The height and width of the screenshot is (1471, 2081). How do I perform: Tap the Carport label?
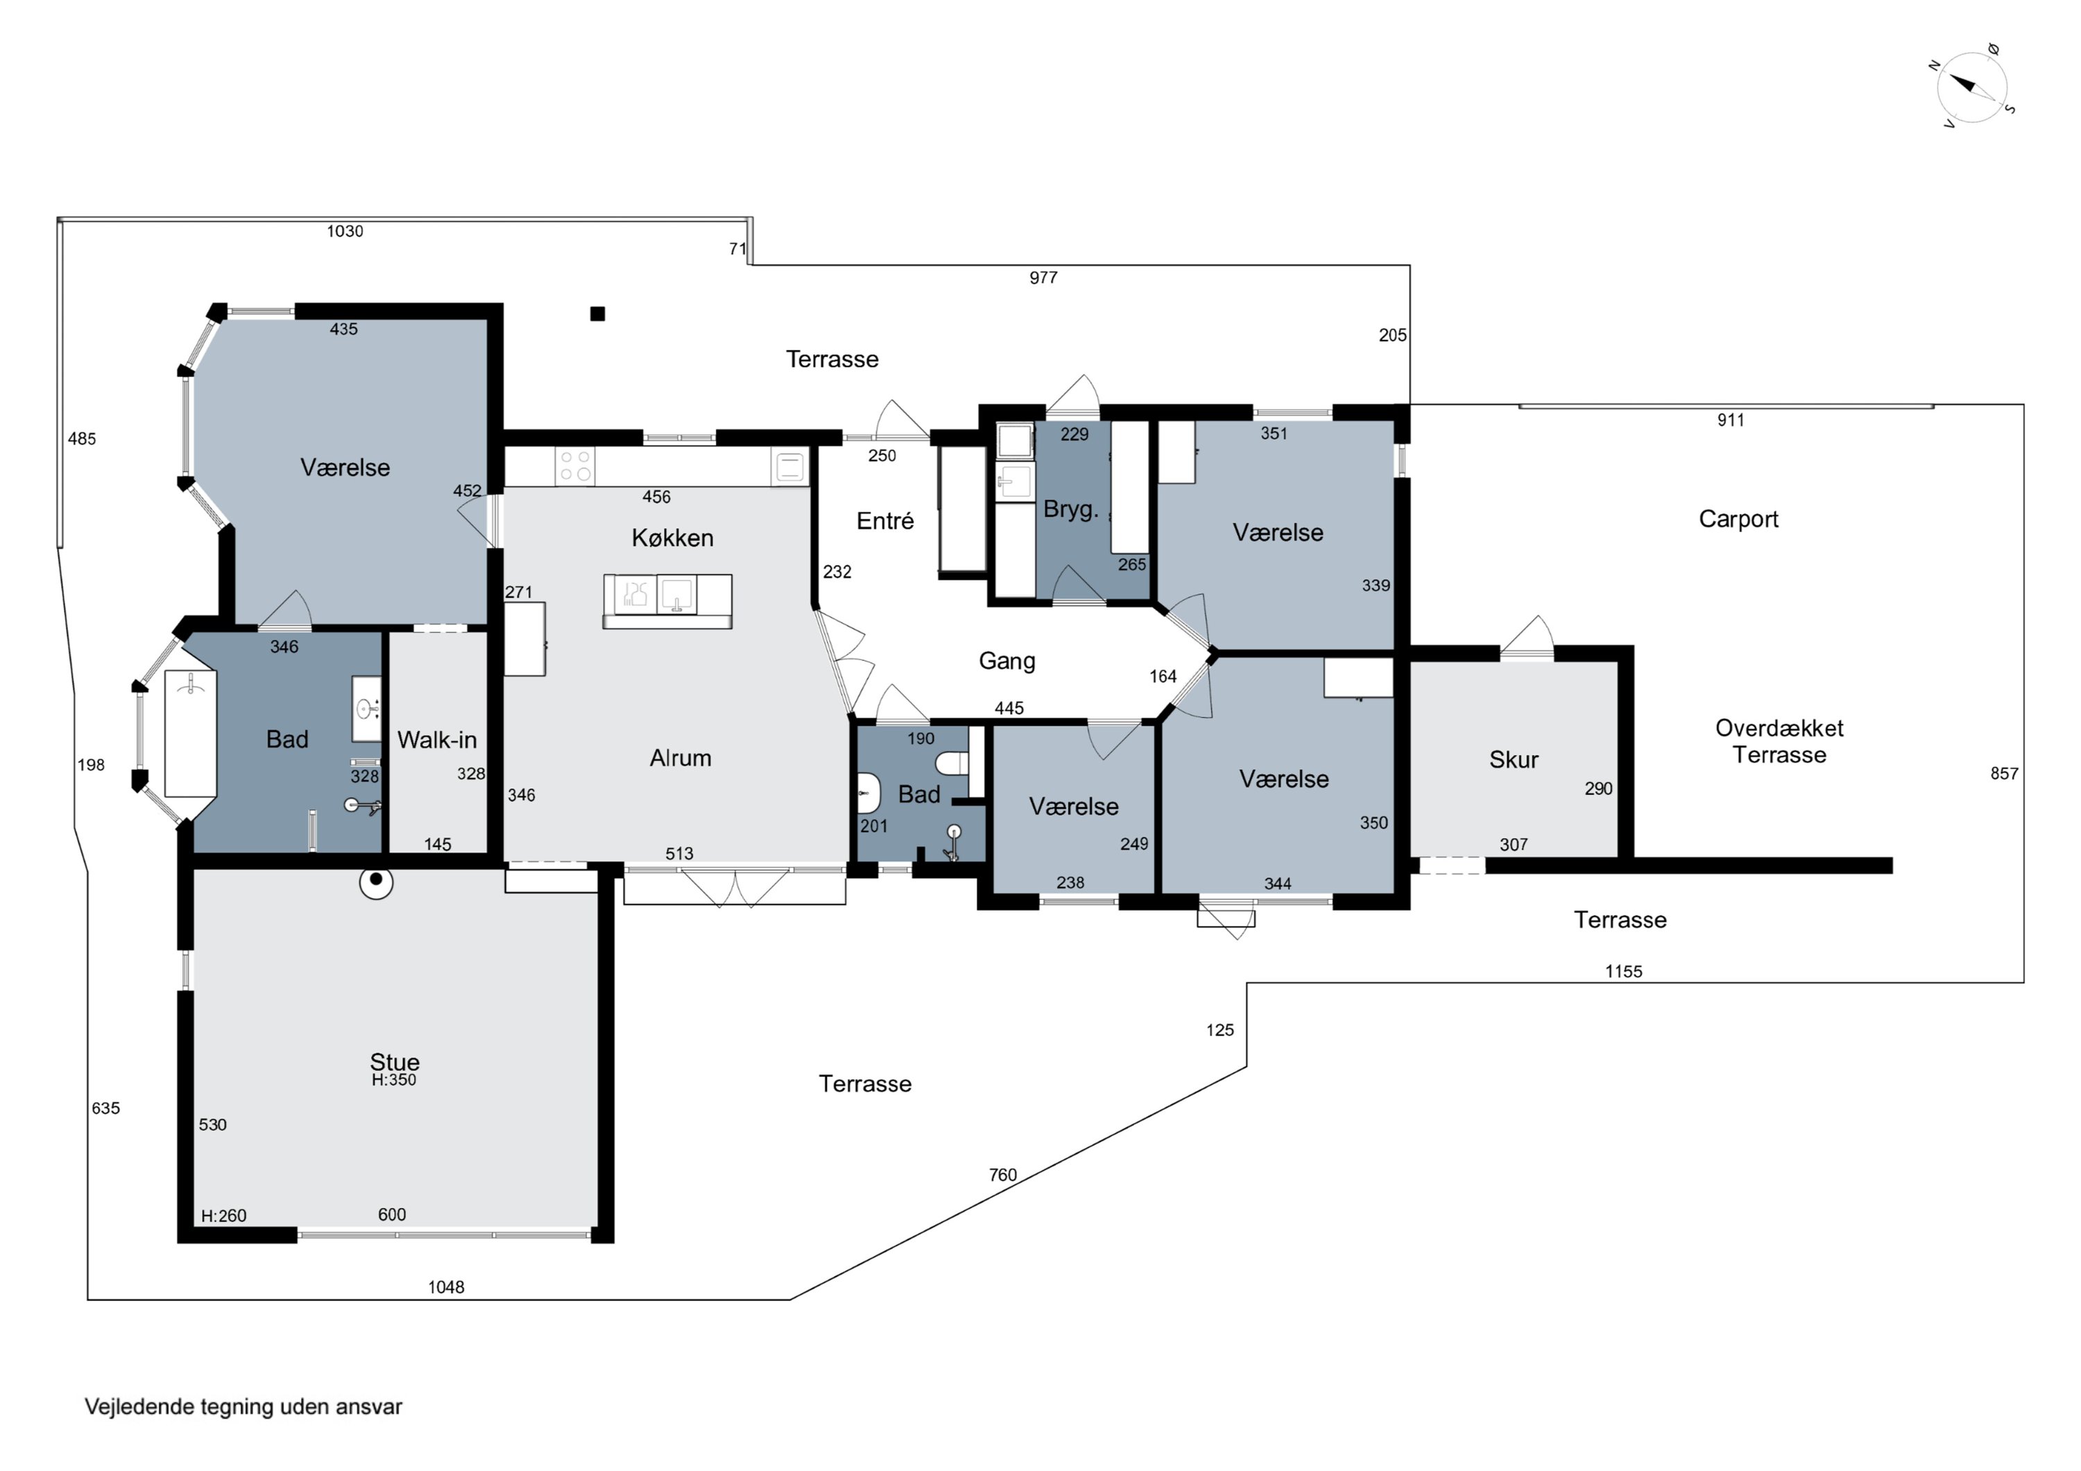1738,519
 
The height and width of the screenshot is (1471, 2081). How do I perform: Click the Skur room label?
1513,759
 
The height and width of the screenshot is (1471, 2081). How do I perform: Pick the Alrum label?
680,758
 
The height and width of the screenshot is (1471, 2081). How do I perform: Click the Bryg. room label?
1070,509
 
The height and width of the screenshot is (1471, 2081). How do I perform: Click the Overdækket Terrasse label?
1779,741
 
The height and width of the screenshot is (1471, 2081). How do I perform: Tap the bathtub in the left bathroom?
190,734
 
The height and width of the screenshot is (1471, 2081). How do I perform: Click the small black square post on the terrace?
597,313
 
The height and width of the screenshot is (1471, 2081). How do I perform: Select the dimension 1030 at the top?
345,231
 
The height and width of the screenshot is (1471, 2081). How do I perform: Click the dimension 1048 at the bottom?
446,1287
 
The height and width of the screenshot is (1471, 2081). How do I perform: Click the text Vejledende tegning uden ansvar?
243,1407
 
